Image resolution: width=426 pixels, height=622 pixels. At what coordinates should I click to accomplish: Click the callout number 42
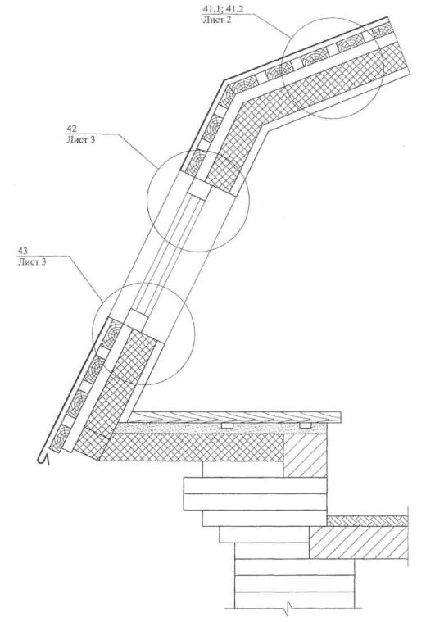[x=72, y=129]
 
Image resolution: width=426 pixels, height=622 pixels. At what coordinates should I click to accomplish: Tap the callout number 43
[x=23, y=251]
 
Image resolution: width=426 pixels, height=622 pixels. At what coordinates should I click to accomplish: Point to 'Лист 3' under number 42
[x=80, y=139]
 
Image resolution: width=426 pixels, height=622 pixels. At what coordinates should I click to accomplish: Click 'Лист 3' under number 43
[x=31, y=261]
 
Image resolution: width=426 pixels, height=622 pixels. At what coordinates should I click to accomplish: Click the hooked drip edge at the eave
[x=43, y=458]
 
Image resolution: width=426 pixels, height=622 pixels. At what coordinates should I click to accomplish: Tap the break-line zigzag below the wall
[x=289, y=606]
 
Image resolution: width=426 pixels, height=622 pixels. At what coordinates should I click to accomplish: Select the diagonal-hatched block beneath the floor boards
[x=305, y=455]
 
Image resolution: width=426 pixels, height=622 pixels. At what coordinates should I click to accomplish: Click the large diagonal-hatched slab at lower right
[x=359, y=543]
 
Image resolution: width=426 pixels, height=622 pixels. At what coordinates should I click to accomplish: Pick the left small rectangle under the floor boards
[x=227, y=425]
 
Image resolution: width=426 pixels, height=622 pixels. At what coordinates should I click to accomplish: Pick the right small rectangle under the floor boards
[x=305, y=425]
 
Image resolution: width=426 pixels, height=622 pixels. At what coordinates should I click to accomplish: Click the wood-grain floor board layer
[x=235, y=416]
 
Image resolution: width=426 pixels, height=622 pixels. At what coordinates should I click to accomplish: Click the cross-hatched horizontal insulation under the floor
[x=190, y=447]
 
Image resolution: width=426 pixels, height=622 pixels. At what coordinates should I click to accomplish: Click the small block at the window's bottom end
[x=138, y=318]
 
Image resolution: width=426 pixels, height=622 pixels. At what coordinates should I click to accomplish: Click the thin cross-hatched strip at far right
[x=367, y=521]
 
